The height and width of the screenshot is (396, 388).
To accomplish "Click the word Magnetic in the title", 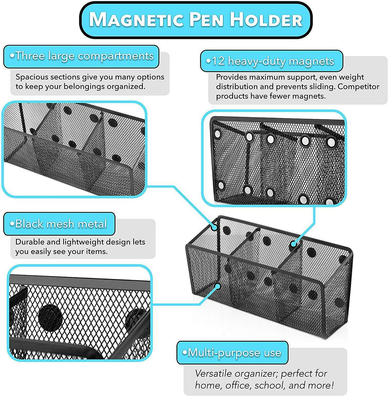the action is tap(136, 20).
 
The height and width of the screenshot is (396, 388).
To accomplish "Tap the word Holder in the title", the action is tap(266, 20).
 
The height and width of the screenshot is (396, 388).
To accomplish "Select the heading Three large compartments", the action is tap(81, 56).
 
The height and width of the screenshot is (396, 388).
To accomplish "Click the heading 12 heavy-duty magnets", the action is tap(270, 61).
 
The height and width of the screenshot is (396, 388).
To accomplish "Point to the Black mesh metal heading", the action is tap(58, 224).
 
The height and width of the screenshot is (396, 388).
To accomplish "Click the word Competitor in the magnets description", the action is tap(358, 87).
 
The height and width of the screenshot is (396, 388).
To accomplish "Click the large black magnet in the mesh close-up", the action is tap(50, 316).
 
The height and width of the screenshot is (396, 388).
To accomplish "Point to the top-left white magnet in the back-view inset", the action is tap(217, 134).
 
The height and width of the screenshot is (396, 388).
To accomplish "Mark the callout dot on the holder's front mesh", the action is tap(217, 286).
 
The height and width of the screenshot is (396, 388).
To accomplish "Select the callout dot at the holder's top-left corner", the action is tap(214, 227).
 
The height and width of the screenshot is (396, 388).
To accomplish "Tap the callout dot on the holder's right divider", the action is tap(293, 244).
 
